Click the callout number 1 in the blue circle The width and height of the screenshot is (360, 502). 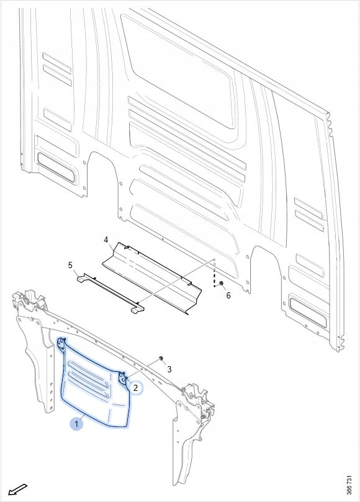click(76, 424)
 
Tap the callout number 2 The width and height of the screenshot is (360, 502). click(135, 388)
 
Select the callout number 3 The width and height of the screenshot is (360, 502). click(169, 369)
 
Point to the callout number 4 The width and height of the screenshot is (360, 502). click(106, 240)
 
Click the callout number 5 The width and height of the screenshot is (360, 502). click(71, 265)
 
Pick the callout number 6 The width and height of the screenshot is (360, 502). click(228, 295)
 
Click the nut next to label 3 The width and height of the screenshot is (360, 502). click(161, 358)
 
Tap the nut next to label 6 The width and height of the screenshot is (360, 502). click(221, 284)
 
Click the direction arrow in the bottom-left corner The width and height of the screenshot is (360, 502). click(17, 490)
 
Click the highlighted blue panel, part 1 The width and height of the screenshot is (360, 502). click(96, 387)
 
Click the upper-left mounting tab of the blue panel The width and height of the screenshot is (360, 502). click(61, 344)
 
